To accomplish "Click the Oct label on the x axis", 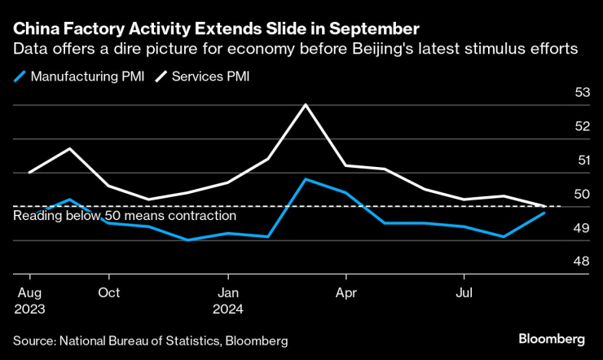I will (108, 292).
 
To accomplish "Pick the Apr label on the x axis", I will (346, 292).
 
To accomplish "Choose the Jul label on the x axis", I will (464, 292).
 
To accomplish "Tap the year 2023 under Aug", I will (29, 309).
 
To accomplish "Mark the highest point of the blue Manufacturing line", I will (304, 178).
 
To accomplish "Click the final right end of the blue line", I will (544, 213).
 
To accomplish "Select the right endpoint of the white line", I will (544, 206).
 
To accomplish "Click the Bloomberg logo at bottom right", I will (552, 337).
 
